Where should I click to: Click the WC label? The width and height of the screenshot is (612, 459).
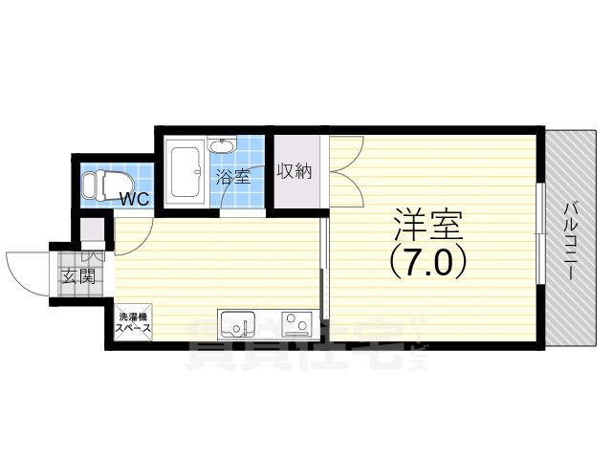click(134, 200)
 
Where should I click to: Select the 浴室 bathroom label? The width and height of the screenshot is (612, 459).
click(232, 177)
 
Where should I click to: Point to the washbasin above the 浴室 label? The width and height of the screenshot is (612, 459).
click(223, 148)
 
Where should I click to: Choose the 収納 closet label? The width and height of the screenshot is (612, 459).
click(295, 171)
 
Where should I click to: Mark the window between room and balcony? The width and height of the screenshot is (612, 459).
click(541, 239)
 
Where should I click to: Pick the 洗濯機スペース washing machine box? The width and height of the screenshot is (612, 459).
click(132, 322)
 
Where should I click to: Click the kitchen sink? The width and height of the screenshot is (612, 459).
click(235, 325)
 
